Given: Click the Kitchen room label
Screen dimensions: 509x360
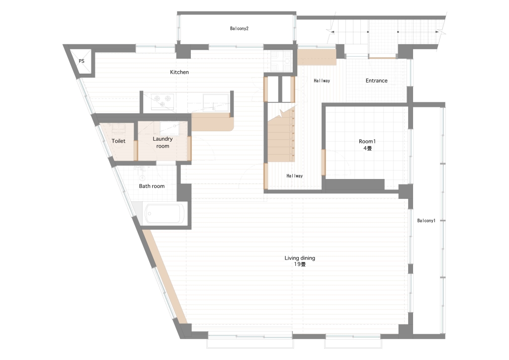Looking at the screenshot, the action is (179, 72).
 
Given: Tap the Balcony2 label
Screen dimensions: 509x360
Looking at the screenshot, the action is (239, 28).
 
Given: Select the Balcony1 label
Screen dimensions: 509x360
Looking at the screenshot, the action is (426, 221).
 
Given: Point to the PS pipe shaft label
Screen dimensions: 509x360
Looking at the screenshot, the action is (82, 61).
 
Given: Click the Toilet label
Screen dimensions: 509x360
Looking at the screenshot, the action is (118, 141).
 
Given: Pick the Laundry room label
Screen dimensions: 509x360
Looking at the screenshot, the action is (163, 143).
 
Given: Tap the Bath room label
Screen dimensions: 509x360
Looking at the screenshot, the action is (152, 186).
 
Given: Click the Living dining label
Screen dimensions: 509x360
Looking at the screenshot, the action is (300, 258).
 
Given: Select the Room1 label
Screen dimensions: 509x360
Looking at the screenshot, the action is (367, 142).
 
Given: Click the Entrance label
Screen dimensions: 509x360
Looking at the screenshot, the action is (377, 81).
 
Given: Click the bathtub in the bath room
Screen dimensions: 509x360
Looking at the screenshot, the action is (163, 214).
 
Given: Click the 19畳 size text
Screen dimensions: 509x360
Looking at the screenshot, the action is (300, 264).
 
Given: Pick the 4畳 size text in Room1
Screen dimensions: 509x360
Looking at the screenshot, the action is (367, 148).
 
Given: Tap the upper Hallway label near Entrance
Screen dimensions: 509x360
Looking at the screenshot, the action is (322, 81).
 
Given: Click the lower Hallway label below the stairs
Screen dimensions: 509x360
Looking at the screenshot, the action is (294, 176).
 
